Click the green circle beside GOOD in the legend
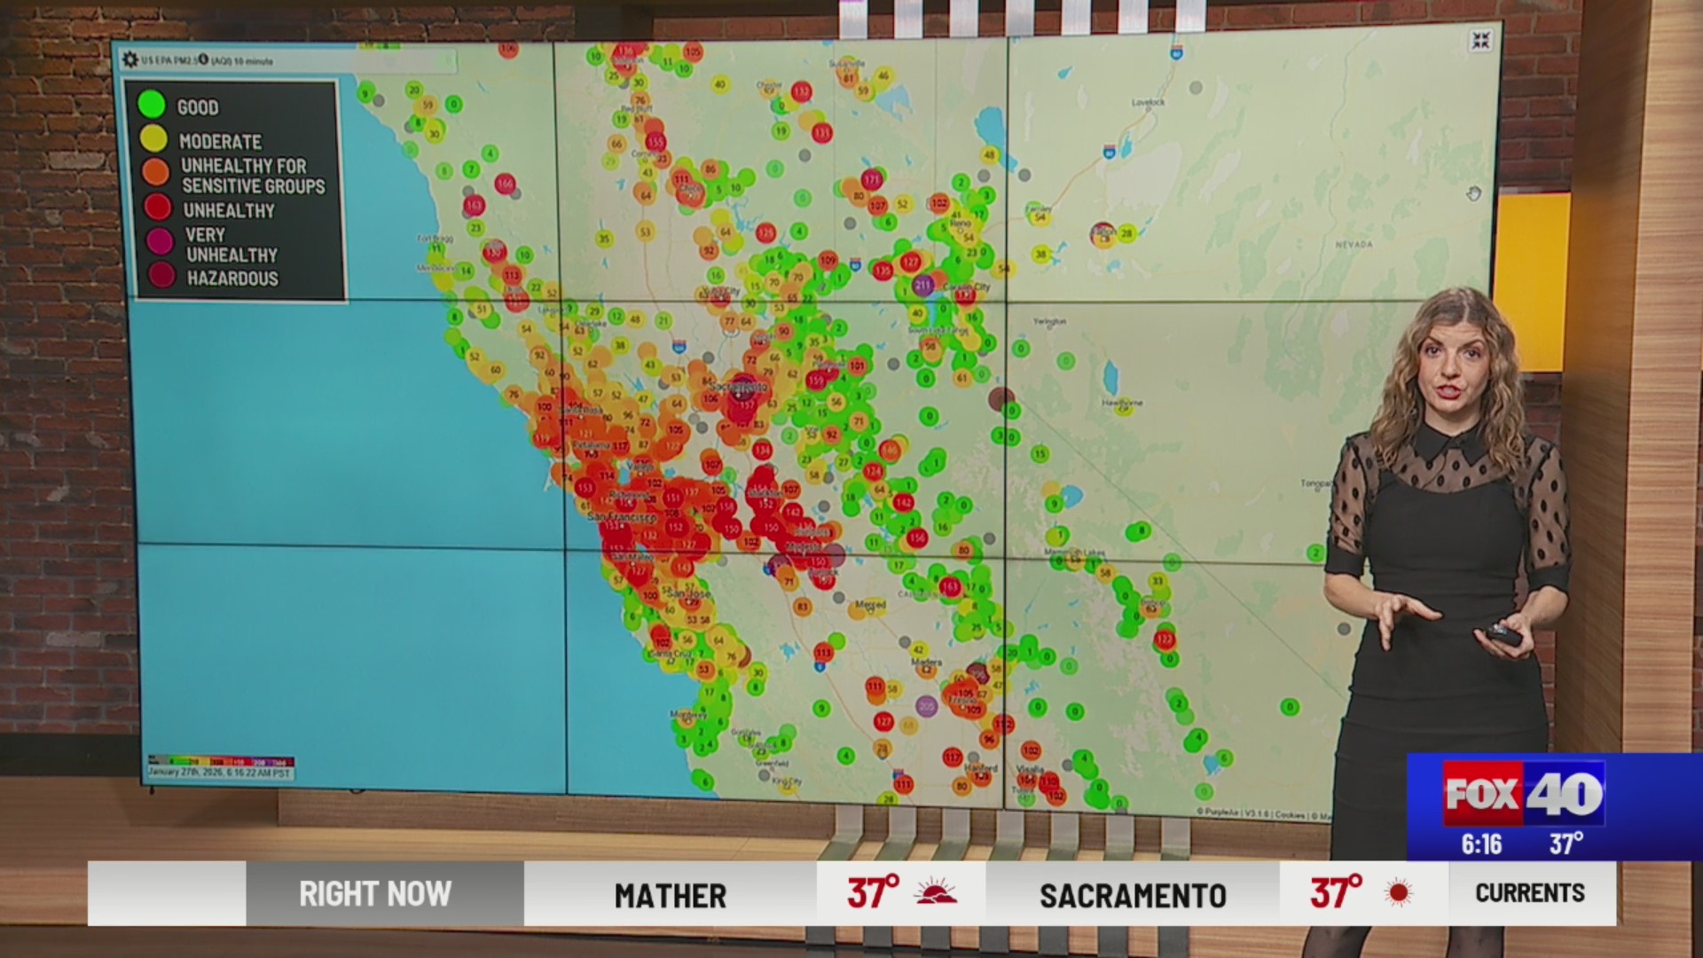[x=152, y=105]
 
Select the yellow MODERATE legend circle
[x=153, y=139]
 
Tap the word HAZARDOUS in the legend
[x=232, y=279]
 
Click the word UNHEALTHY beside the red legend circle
[x=229, y=211]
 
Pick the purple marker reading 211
[x=922, y=286]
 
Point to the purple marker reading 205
[x=927, y=706]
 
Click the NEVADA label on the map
[x=1354, y=244]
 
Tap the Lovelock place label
[x=1148, y=103]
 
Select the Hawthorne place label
[x=1122, y=403]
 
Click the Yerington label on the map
[x=1050, y=321]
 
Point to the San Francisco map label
[x=622, y=516]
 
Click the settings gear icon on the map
[x=130, y=59]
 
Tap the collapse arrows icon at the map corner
[x=1480, y=41]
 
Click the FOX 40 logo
[x=1523, y=792]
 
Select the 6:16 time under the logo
[x=1481, y=844]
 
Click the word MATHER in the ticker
[x=670, y=895]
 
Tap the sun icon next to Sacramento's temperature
[x=1399, y=892]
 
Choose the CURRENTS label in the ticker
[x=1529, y=893]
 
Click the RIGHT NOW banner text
[x=375, y=894]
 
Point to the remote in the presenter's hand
[x=1503, y=634]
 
